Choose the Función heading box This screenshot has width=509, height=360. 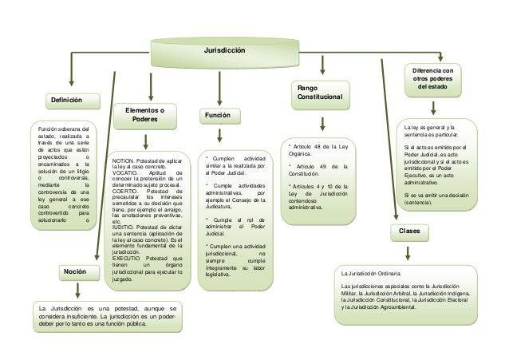coord(218,117)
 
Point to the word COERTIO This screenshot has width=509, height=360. coord(124,191)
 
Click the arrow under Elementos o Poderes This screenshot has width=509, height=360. coord(144,141)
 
